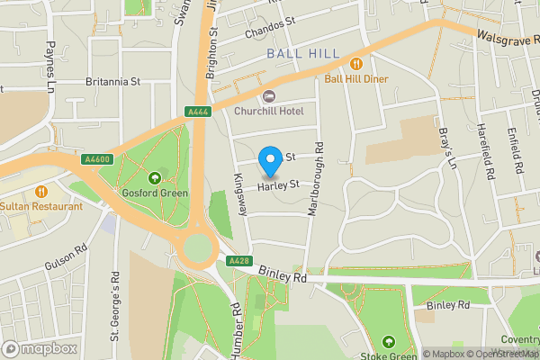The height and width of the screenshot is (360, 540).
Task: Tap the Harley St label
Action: [277, 186]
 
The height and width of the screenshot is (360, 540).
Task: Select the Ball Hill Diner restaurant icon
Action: [356, 64]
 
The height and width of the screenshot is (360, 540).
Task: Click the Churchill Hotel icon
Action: [268, 96]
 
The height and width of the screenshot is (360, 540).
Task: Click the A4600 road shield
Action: [96, 159]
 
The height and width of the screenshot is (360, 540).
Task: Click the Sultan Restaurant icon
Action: [41, 191]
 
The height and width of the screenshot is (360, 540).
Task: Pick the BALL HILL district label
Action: [303, 54]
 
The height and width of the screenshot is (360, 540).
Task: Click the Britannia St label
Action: [112, 81]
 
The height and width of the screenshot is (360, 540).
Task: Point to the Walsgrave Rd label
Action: [507, 38]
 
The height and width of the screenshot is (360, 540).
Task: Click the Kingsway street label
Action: [239, 194]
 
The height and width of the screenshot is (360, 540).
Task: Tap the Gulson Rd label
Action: [66, 257]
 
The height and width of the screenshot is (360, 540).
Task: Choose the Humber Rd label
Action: [236, 329]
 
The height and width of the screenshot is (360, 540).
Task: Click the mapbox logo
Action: [39, 348]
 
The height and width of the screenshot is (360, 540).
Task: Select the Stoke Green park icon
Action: [388, 342]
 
